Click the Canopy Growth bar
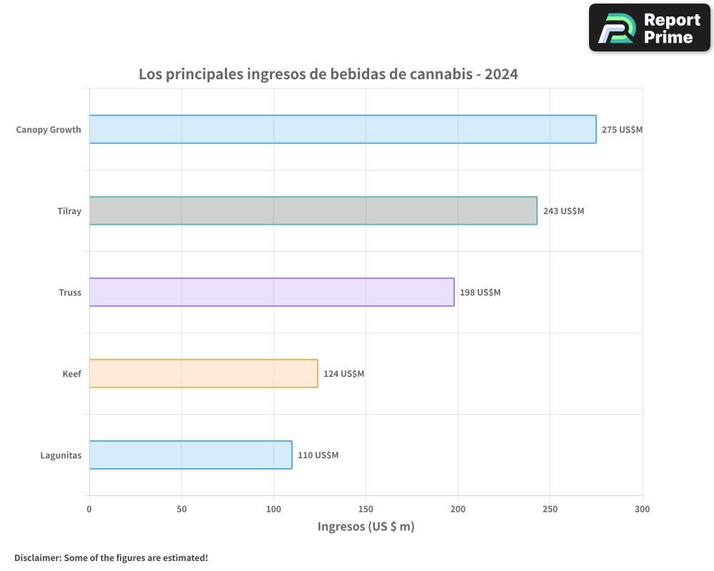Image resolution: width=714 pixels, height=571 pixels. pyautogui.click(x=343, y=129)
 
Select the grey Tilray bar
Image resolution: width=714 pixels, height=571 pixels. pyautogui.click(x=313, y=211)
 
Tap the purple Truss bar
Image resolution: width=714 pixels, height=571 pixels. pyautogui.click(x=271, y=292)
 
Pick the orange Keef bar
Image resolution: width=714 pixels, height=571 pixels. pyautogui.click(x=203, y=373)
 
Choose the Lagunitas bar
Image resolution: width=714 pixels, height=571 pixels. pyautogui.click(x=191, y=455)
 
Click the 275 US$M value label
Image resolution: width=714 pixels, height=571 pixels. pyautogui.click(x=622, y=130)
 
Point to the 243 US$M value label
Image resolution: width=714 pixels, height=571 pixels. pyautogui.click(x=563, y=211)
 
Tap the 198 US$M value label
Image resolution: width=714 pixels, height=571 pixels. pyautogui.click(x=480, y=293)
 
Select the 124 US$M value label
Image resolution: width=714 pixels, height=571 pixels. pyautogui.click(x=343, y=374)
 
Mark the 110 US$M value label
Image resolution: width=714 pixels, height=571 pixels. pyautogui.click(x=318, y=455)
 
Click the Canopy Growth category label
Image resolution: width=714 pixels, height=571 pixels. pyautogui.click(x=49, y=130)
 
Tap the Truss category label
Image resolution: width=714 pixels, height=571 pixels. pyautogui.click(x=70, y=293)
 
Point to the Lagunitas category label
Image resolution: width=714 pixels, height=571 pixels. pyautogui.click(x=61, y=455)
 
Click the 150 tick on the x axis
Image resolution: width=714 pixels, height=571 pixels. pyautogui.click(x=366, y=509)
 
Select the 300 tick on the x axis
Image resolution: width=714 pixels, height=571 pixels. pyautogui.click(x=642, y=509)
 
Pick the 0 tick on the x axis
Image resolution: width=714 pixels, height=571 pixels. pyautogui.click(x=89, y=509)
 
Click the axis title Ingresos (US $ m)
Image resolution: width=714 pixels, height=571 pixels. pyautogui.click(x=366, y=527)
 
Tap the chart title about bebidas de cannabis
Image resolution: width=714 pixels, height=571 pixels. pyautogui.click(x=328, y=74)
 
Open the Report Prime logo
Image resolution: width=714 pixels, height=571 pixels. pyautogui.click(x=650, y=28)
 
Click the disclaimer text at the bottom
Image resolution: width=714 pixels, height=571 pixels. pyautogui.click(x=111, y=557)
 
